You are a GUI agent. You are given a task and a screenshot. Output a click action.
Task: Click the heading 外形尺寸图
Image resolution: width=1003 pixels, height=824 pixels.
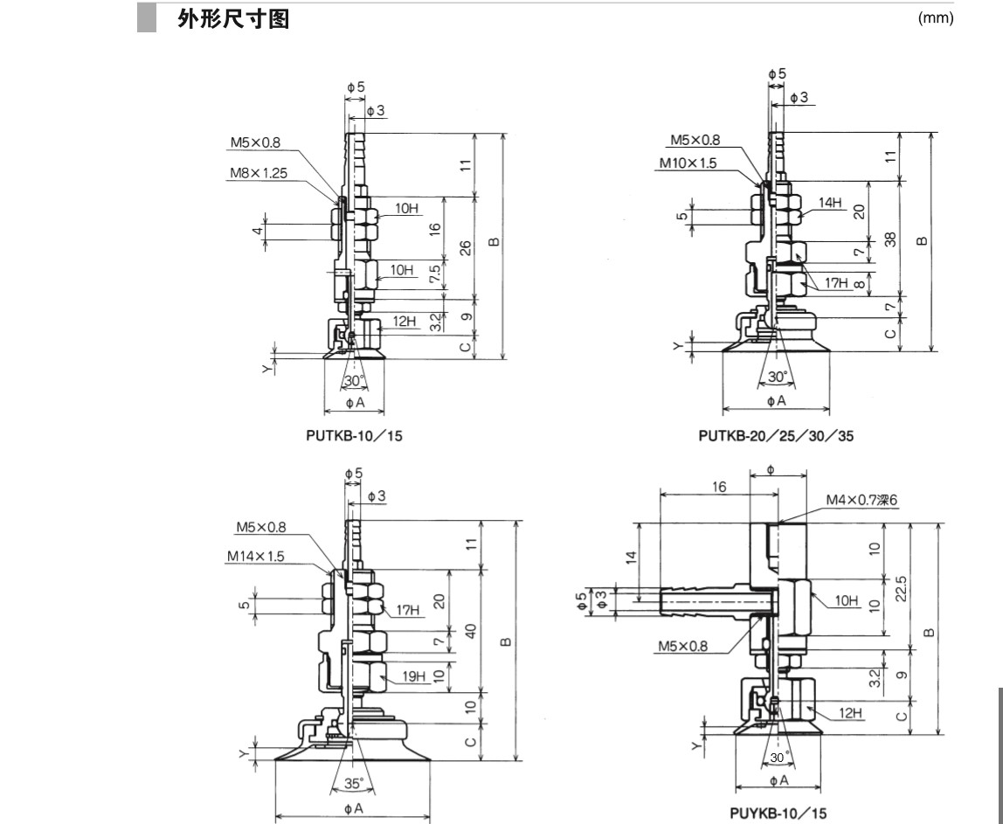tap(232, 19)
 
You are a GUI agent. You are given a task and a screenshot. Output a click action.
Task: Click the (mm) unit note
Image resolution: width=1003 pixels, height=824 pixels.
tap(935, 18)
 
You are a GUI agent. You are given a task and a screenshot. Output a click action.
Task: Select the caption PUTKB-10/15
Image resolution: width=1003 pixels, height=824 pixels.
tap(354, 435)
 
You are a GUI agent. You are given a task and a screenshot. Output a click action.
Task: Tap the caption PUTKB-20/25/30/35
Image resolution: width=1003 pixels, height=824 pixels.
tap(776, 435)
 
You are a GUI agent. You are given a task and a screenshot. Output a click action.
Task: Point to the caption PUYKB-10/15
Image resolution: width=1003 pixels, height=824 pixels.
tap(778, 813)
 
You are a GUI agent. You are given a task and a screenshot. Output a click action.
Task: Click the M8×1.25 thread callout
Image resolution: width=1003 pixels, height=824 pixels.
tap(258, 173)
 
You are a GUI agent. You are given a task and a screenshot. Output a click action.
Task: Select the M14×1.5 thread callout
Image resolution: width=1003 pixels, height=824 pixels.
tap(255, 556)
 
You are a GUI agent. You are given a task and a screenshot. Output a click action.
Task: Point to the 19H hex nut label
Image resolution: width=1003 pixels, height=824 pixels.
tap(413, 676)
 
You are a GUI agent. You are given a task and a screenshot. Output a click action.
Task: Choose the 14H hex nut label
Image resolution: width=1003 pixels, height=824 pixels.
tap(828, 203)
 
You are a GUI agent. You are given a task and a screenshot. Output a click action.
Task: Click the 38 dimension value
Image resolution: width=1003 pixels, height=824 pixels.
tap(889, 239)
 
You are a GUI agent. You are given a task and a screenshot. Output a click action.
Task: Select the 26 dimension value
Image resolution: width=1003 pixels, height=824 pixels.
tap(466, 248)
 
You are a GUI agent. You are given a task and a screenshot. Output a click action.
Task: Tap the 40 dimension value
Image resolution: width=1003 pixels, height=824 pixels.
tap(471, 630)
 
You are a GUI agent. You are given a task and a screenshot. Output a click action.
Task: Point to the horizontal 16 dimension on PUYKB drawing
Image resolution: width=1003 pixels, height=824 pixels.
tap(717, 486)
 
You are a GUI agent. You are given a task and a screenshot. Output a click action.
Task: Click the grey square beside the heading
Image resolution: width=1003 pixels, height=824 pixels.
tap(146, 18)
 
